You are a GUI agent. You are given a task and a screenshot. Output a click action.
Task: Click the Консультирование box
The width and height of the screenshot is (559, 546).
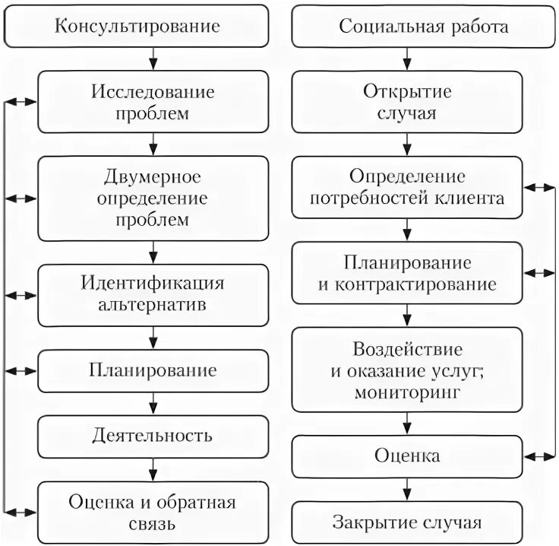coord(137,27)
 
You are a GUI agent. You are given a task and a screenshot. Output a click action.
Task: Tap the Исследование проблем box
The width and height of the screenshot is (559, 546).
coord(153,102)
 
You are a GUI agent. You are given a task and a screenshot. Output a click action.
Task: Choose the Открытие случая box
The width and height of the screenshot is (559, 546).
coord(407,102)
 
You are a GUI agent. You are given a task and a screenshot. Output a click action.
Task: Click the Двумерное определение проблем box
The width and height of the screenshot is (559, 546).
coord(153,198)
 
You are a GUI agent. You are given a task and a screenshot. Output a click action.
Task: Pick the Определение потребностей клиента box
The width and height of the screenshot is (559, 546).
coord(407,188)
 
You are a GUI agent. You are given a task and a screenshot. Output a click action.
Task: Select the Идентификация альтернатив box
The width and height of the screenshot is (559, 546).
coord(153,295)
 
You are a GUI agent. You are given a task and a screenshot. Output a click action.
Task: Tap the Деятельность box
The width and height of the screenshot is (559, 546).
coord(153,436)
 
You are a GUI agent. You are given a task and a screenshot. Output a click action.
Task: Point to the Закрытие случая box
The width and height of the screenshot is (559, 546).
coord(407,522)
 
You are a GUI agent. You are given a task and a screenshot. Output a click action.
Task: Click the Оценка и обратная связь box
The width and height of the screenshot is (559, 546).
coord(153,513)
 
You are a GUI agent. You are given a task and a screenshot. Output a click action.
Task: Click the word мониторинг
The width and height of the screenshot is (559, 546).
coord(407,393)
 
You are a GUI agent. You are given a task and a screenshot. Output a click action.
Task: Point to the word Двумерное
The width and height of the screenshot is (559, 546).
coord(153,177)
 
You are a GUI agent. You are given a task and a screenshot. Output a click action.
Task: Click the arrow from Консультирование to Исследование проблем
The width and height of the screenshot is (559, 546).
coord(153,59)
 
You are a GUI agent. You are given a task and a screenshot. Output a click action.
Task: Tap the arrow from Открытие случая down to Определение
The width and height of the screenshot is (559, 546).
coord(408,144)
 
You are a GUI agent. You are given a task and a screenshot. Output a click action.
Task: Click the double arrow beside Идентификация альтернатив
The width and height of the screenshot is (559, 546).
coord(21,294)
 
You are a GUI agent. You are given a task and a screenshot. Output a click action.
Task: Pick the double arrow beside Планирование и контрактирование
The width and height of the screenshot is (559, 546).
coord(540,273)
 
